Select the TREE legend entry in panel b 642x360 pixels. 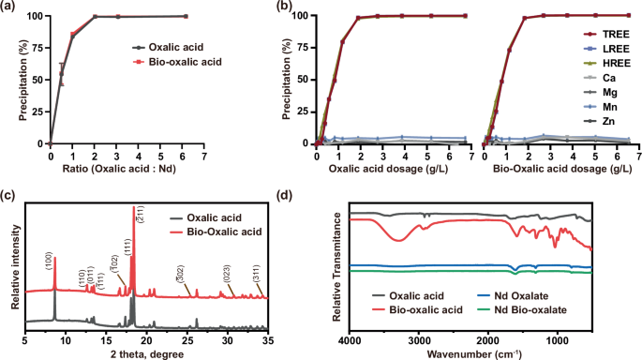click(600, 31)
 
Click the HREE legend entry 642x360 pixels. click(601, 61)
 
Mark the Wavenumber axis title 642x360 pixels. click(470, 352)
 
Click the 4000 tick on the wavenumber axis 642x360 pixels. click(348, 339)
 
